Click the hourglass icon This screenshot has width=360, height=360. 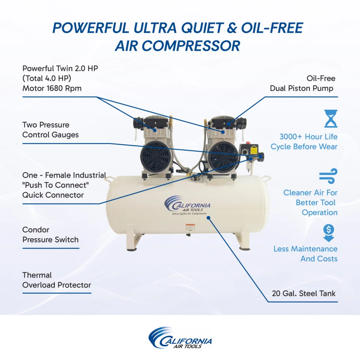pyautogui.click(x=330, y=118)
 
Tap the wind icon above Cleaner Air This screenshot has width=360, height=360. pyautogui.click(x=328, y=176)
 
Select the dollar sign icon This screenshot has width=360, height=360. pyautogui.click(x=329, y=233)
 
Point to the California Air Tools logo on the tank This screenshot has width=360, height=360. pyautogui.click(x=187, y=205)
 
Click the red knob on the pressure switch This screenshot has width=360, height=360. pyautogui.click(x=248, y=143)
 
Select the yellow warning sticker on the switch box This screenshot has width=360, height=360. pyautogui.click(x=254, y=150)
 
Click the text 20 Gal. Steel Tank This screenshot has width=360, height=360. pyautogui.click(x=303, y=294)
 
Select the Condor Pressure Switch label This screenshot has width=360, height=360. pyautogui.click(x=51, y=234)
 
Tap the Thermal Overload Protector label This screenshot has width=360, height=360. pyautogui.click(x=57, y=280)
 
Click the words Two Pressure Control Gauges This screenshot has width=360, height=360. pyautogui.click(x=51, y=130)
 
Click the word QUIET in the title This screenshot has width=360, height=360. pyautogui.click(x=202, y=28)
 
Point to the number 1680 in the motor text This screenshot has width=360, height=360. pyautogui.click(x=56, y=88)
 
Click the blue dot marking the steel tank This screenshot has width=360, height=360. pyautogui.click(x=208, y=217)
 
